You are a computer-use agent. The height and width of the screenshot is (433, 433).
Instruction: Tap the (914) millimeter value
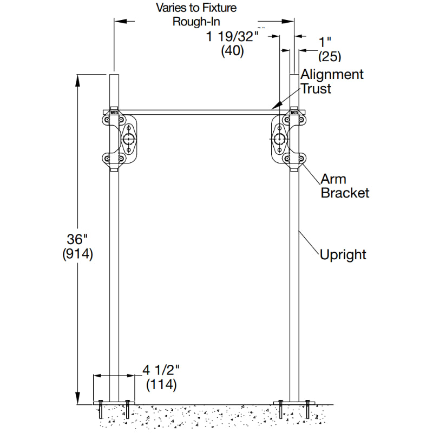coord(78,254)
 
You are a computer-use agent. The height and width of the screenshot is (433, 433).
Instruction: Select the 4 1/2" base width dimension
coord(161,371)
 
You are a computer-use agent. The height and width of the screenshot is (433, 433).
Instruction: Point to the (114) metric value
coord(161,385)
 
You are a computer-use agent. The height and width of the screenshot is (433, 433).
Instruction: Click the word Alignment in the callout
coord(332,74)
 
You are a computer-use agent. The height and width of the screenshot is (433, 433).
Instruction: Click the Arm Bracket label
coord(345,186)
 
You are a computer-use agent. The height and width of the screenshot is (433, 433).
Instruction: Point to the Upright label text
coord(343,254)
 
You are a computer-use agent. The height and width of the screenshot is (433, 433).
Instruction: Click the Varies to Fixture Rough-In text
coord(196,15)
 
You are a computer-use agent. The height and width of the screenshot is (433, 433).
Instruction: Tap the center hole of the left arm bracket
coord(129,139)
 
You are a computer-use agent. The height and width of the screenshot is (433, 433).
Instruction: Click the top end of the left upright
coord(114,76)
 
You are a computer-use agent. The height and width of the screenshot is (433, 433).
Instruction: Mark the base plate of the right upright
coord(294,401)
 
